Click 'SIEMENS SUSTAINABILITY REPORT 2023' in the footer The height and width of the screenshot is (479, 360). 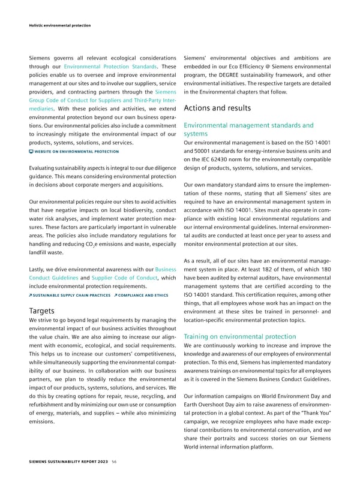(60, 461)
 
